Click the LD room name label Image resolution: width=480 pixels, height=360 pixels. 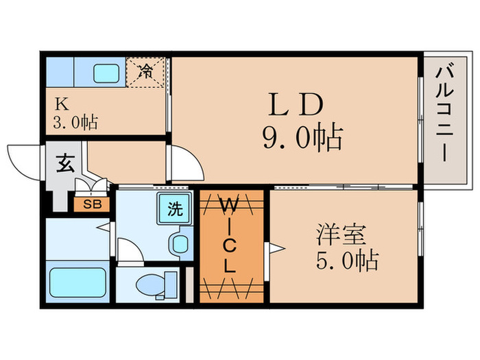coord(294,106)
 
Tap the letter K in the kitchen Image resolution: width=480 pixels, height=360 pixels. coord(62,105)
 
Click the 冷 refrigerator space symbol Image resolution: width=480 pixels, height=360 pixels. coord(147,71)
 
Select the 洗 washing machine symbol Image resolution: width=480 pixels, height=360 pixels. coord(176,209)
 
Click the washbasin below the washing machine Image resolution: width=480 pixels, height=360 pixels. coord(180,243)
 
